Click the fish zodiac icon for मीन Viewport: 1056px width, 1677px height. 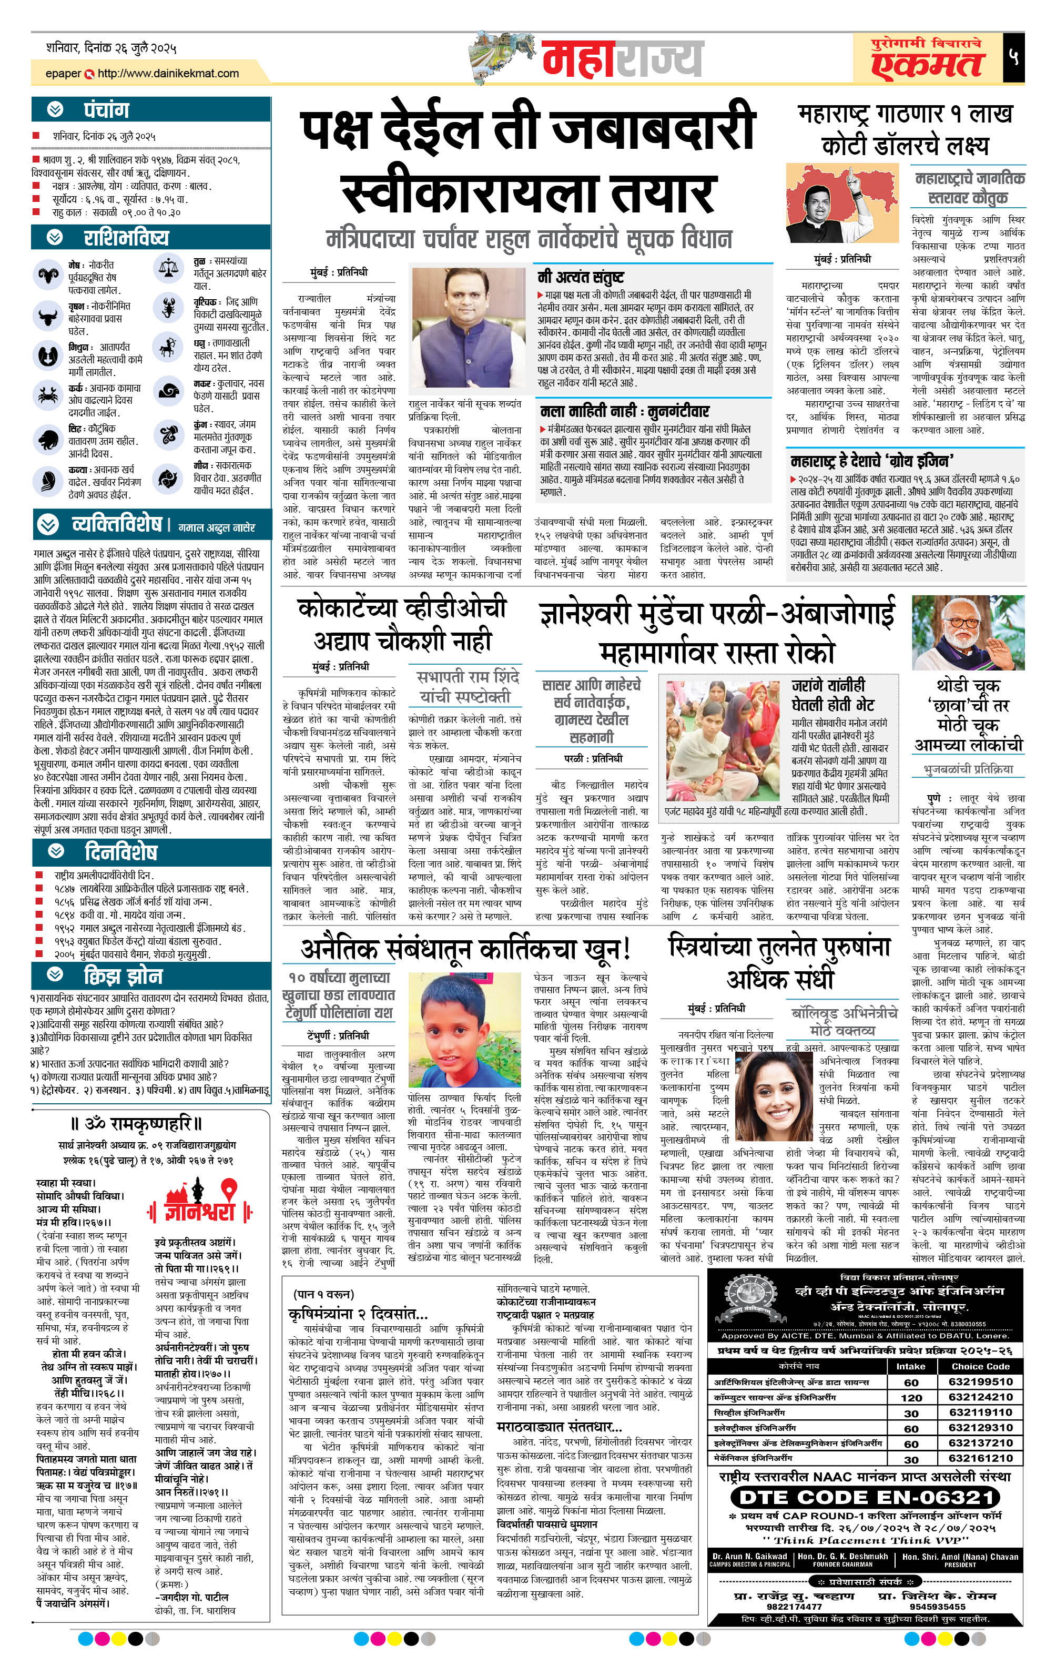tap(168, 479)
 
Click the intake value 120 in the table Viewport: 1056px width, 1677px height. tap(910, 1398)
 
